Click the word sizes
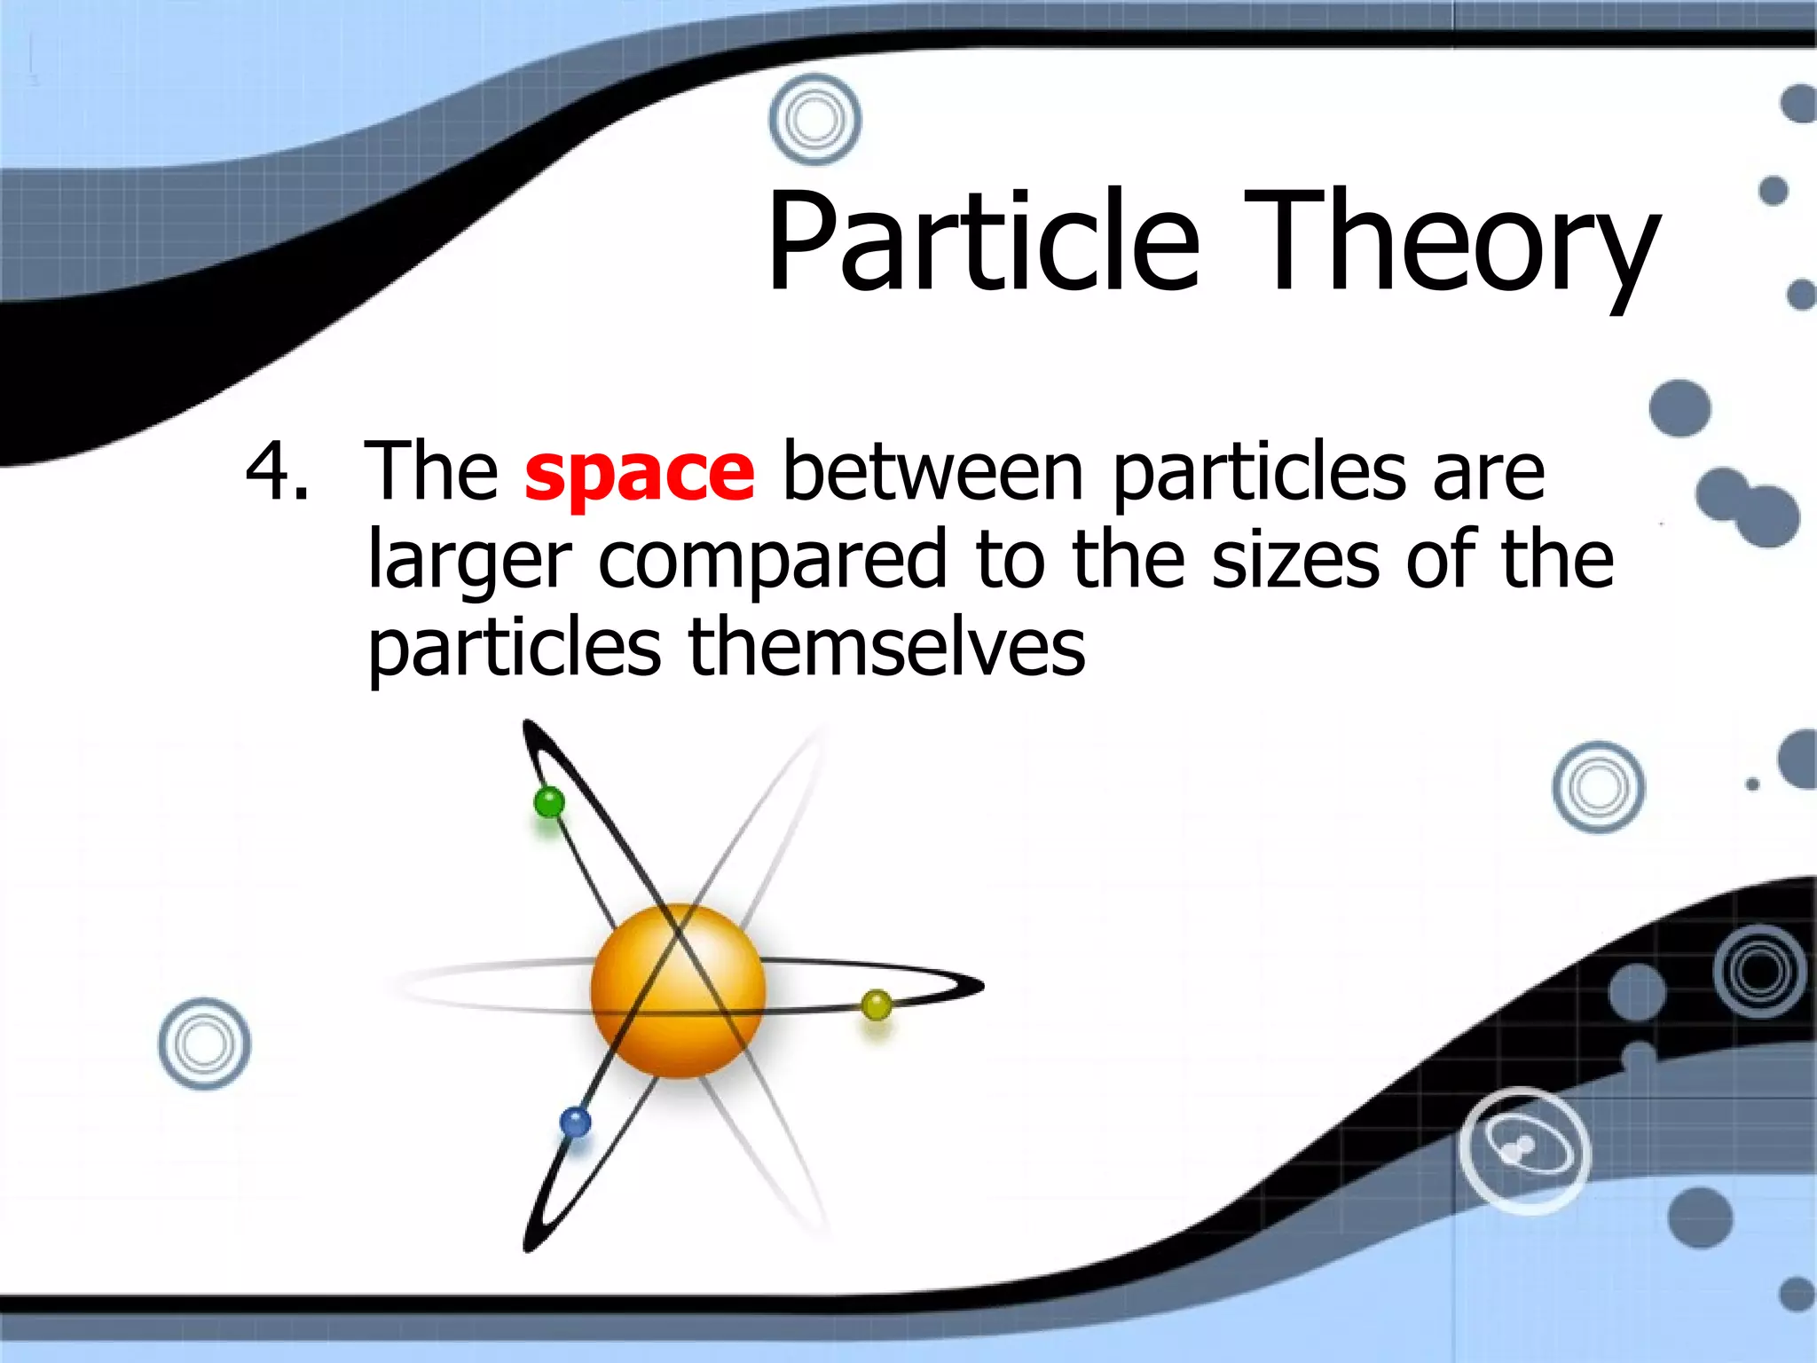pos(1295,559)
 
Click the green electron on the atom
pos(549,803)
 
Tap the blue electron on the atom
pos(575,1123)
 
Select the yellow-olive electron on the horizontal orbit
pos(877,1005)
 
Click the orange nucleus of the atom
pos(679,990)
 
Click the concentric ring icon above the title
pos(814,119)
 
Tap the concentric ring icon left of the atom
pos(204,1044)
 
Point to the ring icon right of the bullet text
pos(1598,787)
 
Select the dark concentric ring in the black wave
pos(1759,970)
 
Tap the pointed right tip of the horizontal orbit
pos(981,985)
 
